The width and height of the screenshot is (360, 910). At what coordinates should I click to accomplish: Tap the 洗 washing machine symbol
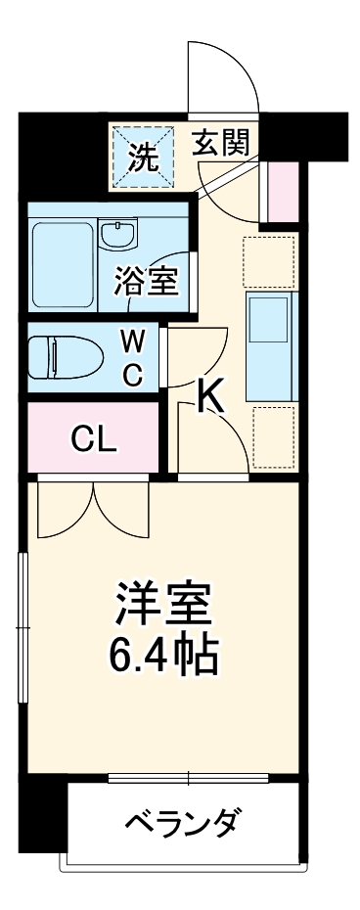(144, 157)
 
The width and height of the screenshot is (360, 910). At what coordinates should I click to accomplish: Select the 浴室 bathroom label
(145, 282)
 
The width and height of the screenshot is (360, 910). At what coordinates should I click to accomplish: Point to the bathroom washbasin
(118, 236)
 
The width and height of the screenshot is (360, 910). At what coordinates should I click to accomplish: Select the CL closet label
(94, 438)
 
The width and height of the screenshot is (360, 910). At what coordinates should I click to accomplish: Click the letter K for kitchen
(211, 395)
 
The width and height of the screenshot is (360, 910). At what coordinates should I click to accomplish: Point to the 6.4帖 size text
(163, 656)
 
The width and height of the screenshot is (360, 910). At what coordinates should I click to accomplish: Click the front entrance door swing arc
(225, 73)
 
